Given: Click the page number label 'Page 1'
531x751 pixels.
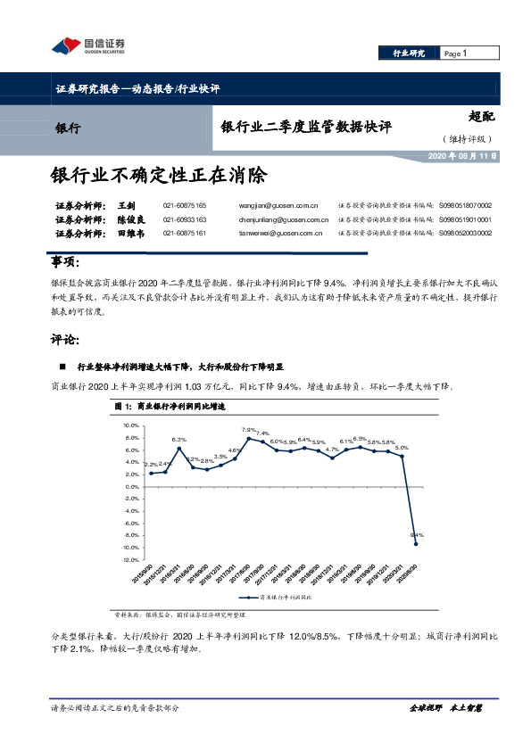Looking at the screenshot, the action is pos(456,54).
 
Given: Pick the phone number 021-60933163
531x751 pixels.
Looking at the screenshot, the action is pos(185,219).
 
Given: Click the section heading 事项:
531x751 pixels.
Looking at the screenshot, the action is pos(67,262).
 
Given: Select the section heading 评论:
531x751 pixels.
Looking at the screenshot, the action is pos(67,341).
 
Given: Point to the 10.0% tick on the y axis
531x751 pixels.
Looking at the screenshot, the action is pos(130,425).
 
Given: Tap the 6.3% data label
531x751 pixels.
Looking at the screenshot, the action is pos(179,440).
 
